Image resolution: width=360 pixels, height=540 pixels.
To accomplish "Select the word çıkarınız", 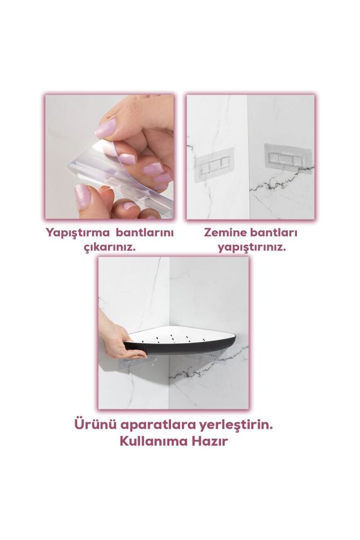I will click(x=109, y=247).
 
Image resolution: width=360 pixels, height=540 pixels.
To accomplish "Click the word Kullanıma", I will click(x=152, y=442).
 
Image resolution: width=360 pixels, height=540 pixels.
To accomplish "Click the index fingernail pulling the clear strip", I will click(x=106, y=129).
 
